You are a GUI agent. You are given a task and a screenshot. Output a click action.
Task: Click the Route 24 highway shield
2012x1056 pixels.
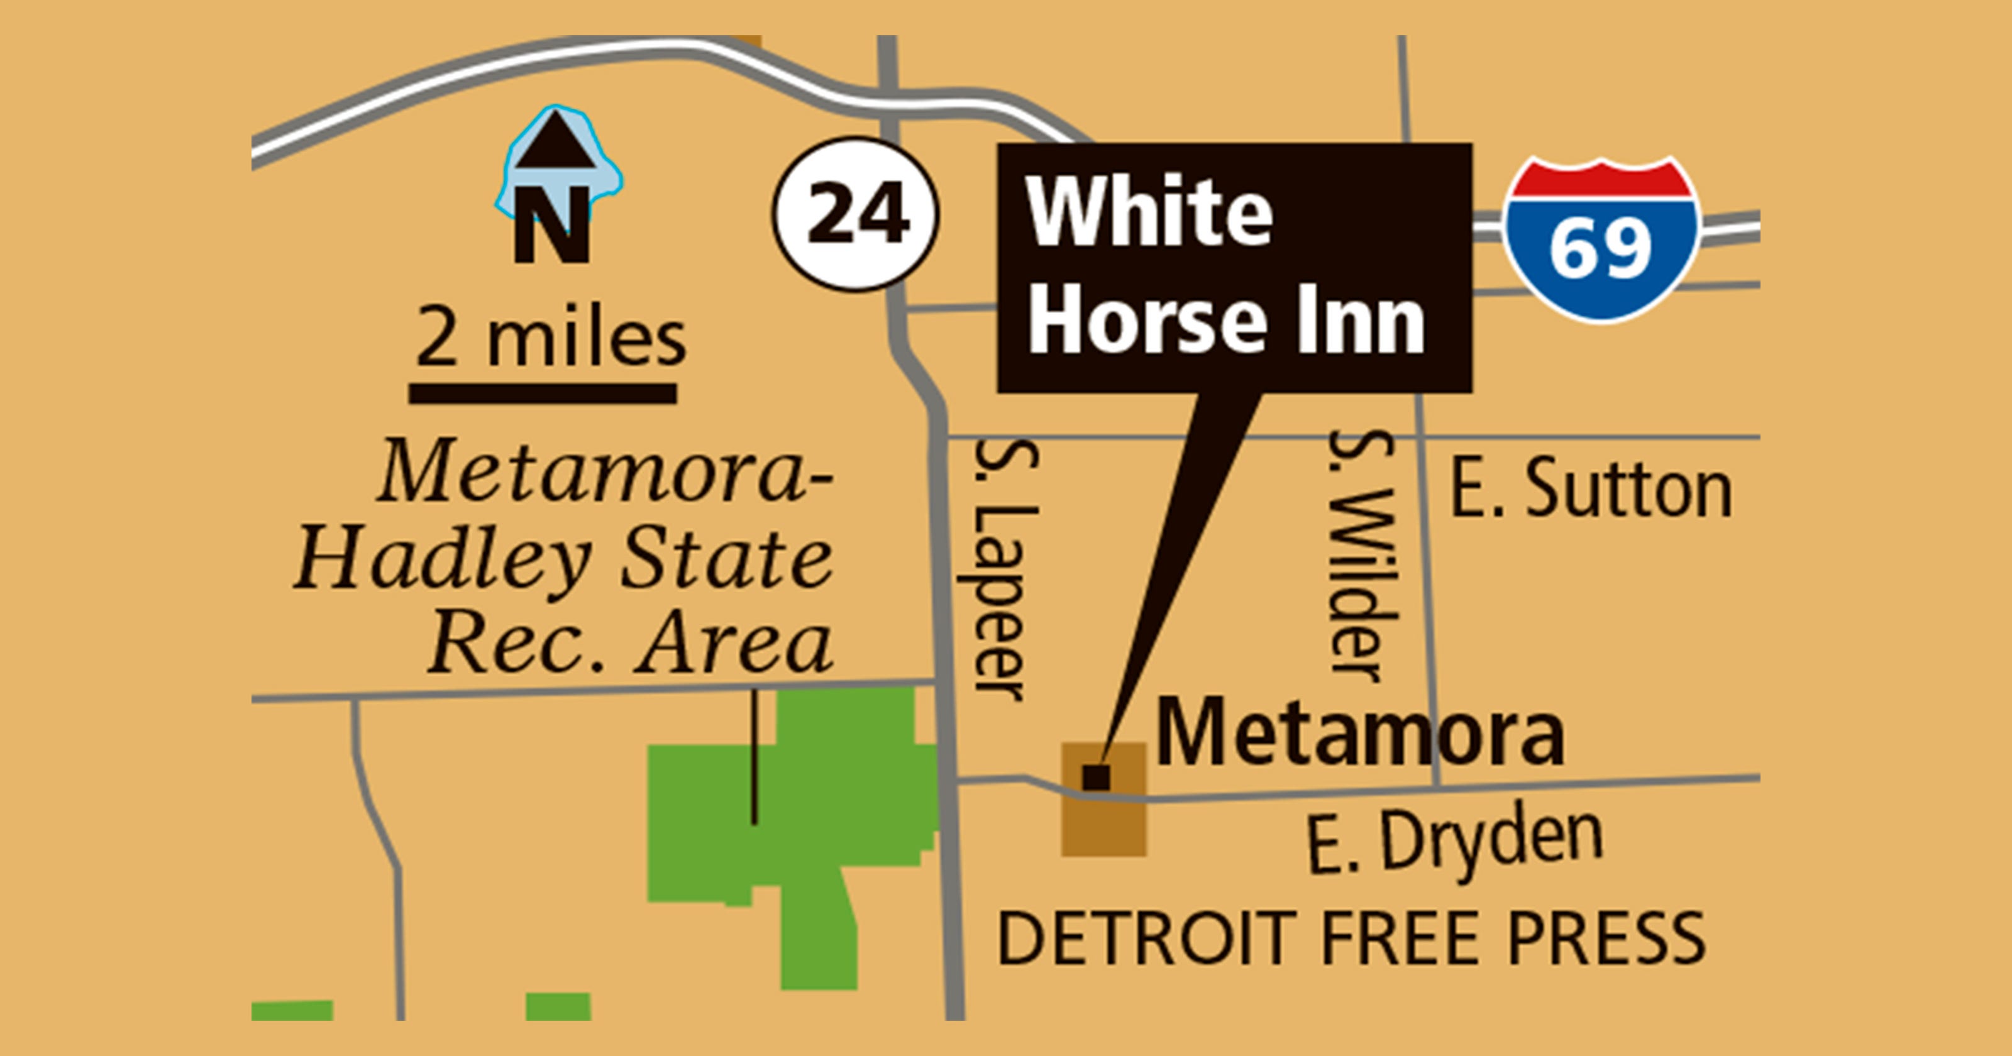[x=856, y=214]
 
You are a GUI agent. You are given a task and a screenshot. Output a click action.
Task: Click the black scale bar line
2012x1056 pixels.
[x=543, y=393]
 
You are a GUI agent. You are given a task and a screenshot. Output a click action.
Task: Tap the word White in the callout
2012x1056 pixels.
[x=1150, y=212]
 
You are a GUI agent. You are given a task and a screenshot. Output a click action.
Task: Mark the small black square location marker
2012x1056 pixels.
[x=1096, y=776]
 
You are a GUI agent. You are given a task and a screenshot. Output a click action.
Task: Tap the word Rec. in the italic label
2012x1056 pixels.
[x=516, y=647]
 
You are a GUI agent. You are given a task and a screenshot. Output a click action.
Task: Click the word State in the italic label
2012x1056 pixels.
[x=726, y=559]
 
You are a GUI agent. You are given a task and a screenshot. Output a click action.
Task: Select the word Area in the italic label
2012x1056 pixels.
[x=734, y=647]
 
